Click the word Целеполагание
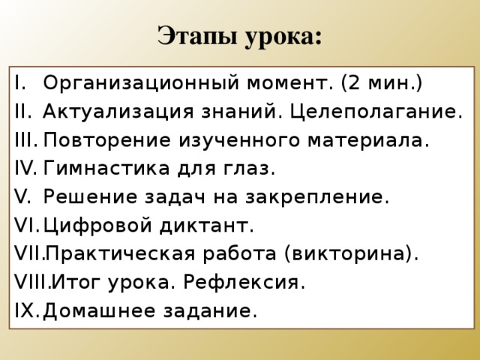click(375, 112)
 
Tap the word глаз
click(250, 169)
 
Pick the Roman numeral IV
click(25, 169)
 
